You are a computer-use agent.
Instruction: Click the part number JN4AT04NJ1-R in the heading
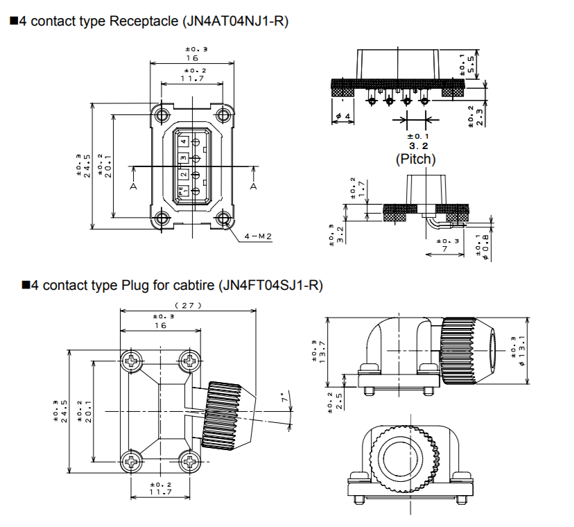pyautogui.click(x=236, y=21)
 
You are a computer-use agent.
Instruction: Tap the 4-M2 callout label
pyautogui.click(x=258, y=236)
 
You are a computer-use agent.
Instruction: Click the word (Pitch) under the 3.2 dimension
pyautogui.click(x=416, y=159)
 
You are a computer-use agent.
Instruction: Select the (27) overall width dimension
pyautogui.click(x=187, y=305)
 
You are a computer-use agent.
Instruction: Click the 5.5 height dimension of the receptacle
pyautogui.click(x=471, y=65)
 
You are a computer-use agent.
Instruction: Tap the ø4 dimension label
pyautogui.click(x=342, y=116)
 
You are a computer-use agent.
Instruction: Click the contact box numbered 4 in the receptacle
pyautogui.click(x=183, y=141)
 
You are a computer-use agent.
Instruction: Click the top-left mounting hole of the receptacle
pyautogui.click(x=162, y=114)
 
